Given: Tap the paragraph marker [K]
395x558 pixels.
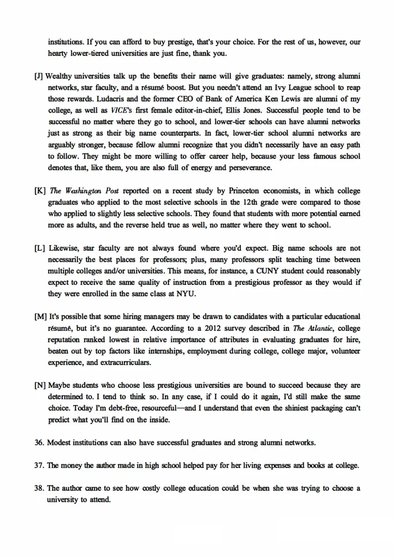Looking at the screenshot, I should tap(40, 190).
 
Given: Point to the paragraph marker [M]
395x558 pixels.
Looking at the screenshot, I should tap(40, 316).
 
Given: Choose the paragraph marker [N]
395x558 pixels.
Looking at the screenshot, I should tap(40, 385).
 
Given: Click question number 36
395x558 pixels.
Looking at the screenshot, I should tap(39, 442).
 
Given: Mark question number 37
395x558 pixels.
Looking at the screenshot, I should tap(39, 465).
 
